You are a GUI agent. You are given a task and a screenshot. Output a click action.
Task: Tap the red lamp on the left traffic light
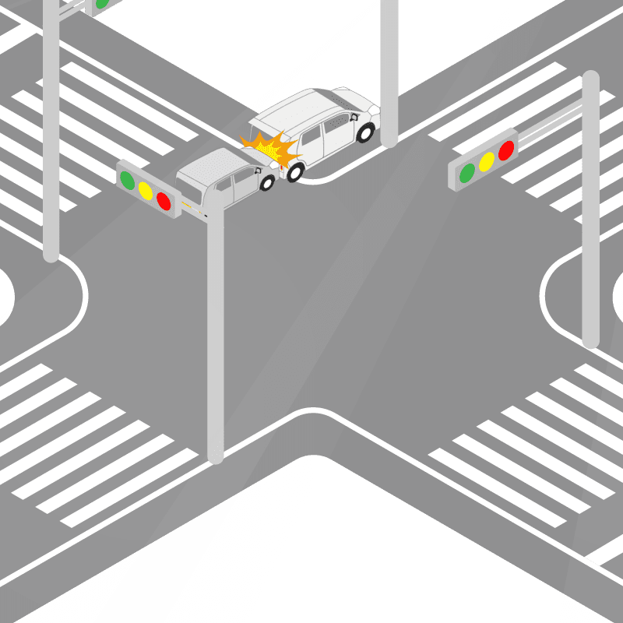pyautogui.click(x=164, y=200)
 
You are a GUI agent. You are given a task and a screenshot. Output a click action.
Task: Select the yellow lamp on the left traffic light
pyautogui.click(x=145, y=189)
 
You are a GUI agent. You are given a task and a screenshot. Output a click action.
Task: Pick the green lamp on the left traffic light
pyautogui.click(x=127, y=179)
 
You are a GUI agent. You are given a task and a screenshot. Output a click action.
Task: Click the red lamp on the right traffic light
pyautogui.click(x=506, y=150)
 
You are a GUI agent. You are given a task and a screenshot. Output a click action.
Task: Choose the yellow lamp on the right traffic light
pyautogui.click(x=487, y=161)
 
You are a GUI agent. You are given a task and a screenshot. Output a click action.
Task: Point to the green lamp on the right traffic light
pyautogui.click(x=467, y=172)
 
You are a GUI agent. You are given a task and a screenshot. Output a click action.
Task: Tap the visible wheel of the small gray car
pyautogui.click(x=267, y=183)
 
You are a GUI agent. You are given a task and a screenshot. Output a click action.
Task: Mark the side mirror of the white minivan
pyautogui.click(x=355, y=118)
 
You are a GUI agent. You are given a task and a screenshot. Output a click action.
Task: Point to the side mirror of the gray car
pyautogui.click(x=257, y=170)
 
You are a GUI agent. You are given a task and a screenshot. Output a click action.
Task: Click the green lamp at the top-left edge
pyautogui.click(x=100, y=4)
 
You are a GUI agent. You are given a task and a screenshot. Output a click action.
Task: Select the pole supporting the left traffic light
pyautogui.click(x=216, y=335)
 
